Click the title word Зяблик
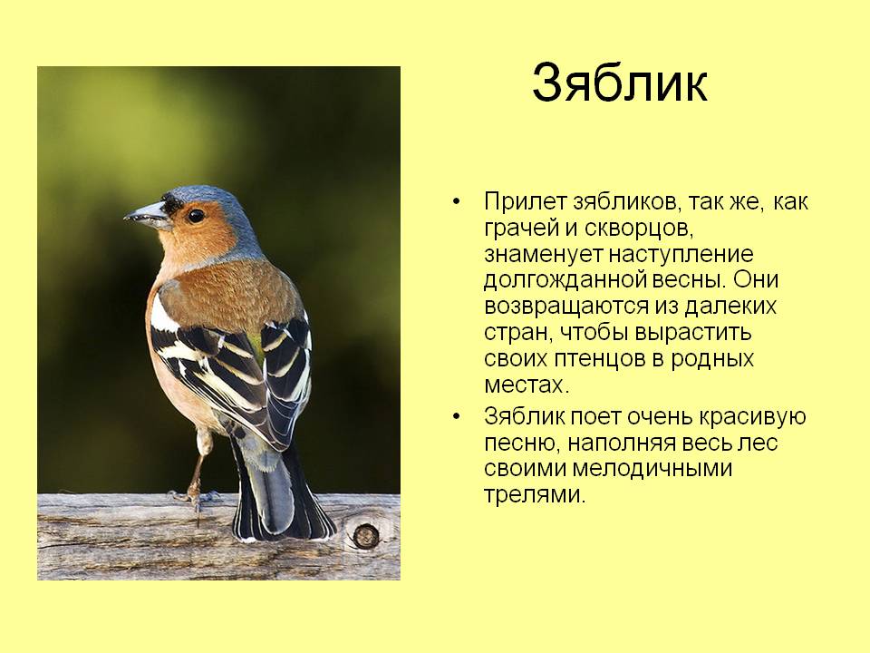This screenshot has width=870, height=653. [620, 83]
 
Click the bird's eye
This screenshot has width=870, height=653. [196, 216]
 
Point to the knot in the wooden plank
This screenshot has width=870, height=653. [365, 536]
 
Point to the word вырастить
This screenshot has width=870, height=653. [692, 333]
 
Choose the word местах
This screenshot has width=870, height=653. [526, 385]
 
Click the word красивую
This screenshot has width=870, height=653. [752, 416]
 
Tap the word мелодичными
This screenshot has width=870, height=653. [652, 469]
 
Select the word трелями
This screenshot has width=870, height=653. [535, 495]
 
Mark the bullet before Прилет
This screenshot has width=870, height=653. [456, 202]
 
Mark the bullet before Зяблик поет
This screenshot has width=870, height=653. [456, 416]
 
